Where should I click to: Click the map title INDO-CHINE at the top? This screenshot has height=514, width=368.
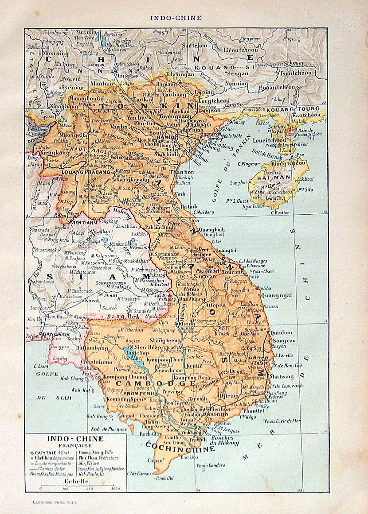(176, 18)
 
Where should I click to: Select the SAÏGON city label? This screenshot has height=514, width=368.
(218, 414)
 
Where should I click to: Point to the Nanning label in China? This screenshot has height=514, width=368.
(236, 83)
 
